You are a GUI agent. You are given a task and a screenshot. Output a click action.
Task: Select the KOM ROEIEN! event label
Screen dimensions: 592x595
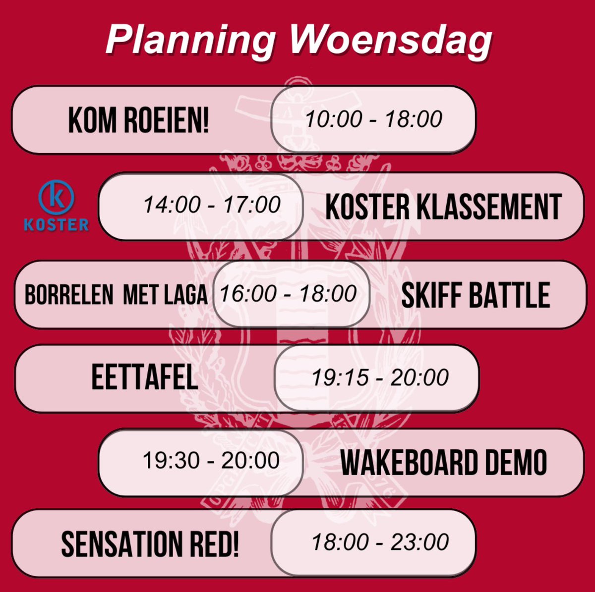coord(138,120)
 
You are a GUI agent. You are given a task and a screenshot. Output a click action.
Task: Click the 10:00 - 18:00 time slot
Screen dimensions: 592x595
coord(373,119)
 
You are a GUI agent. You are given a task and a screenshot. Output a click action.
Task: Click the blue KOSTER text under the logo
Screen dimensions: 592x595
coord(57,225)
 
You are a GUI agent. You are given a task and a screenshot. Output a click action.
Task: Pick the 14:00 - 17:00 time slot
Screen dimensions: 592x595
coord(212,205)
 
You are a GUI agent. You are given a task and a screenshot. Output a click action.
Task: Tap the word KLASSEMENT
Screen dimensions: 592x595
coord(489,207)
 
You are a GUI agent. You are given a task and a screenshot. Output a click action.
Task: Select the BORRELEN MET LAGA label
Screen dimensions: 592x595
coord(116,295)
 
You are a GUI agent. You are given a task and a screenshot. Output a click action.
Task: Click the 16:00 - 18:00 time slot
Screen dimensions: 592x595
coord(288,294)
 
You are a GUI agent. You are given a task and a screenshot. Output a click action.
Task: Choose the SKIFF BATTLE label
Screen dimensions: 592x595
coord(475,295)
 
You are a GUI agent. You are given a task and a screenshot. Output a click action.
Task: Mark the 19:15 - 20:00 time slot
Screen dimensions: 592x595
coord(380,378)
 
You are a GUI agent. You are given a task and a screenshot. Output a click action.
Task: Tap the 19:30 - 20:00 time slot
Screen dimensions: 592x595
coord(211,461)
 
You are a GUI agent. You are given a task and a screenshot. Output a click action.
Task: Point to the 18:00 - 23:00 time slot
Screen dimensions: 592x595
coord(380,542)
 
